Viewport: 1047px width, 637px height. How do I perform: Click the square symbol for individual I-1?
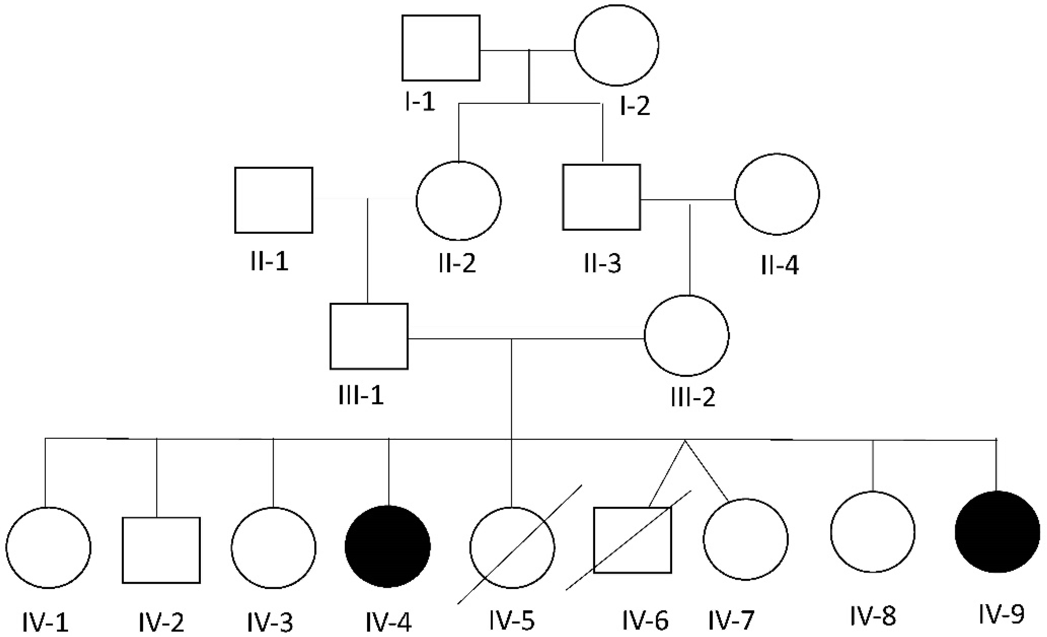point(441,48)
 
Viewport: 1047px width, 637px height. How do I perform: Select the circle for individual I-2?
point(616,45)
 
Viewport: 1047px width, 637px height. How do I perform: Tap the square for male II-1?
point(274,200)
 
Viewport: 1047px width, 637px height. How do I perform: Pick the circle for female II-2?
point(459,201)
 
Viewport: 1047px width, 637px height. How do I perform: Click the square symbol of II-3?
point(601,197)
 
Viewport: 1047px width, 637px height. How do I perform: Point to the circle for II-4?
point(777,194)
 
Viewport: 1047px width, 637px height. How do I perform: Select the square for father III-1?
point(369,336)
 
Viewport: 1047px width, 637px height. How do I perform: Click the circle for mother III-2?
point(686,336)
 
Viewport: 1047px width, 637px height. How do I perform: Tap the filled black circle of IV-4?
point(388,547)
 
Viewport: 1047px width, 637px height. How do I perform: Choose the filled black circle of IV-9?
point(997,532)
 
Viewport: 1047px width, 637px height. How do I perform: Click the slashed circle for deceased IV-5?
point(512,548)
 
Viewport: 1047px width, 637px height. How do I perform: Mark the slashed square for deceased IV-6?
point(632,540)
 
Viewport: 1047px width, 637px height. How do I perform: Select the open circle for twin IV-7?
point(745,539)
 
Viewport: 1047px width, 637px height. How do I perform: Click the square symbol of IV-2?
point(161,550)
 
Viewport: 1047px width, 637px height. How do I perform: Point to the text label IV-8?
point(873,616)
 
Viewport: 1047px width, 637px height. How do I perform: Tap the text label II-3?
point(602,263)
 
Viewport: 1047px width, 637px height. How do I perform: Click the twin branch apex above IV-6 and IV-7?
point(684,441)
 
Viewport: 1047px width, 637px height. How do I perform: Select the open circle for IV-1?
point(48,548)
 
